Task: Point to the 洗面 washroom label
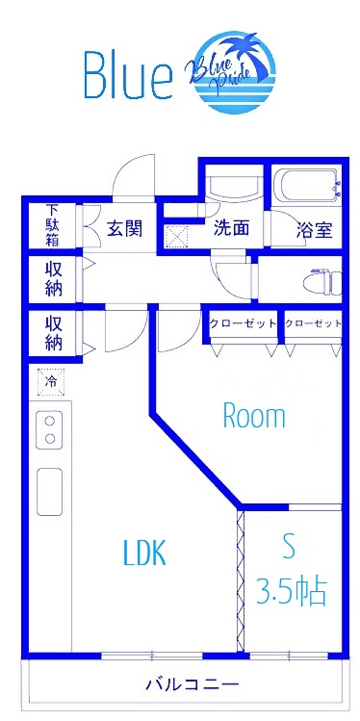[232, 228]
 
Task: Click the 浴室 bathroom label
[314, 230]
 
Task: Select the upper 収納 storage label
[54, 279]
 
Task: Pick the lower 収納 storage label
[54, 333]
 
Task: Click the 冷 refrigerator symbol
[52, 382]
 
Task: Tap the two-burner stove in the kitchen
[49, 429]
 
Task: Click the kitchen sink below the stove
[49, 491]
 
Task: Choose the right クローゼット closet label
[314, 323]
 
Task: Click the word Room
[254, 417]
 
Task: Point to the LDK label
[145, 553]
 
